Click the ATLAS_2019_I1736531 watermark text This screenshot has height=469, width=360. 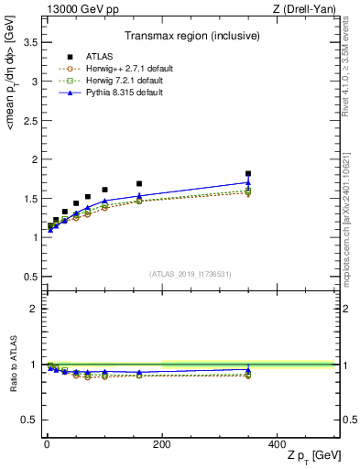point(190,274)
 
